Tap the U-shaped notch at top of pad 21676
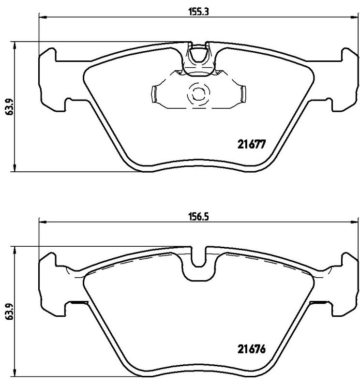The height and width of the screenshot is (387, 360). click(199, 258)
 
